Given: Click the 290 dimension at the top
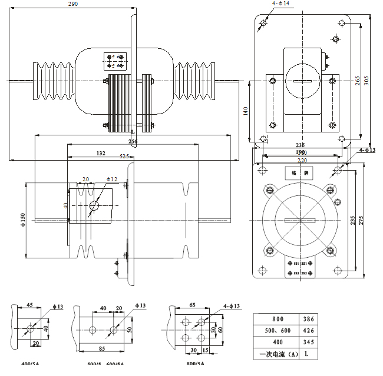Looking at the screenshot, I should (x=73, y=4).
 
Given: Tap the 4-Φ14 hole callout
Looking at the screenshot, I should (x=280, y=4).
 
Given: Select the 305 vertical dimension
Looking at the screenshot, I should (x=366, y=81).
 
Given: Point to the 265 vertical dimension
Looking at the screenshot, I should (x=357, y=81).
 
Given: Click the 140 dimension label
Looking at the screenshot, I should (x=246, y=110).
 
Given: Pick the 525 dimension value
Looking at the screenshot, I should (x=124, y=156).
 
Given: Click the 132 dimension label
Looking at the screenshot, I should (x=100, y=153).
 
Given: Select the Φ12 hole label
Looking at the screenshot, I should (x=112, y=179).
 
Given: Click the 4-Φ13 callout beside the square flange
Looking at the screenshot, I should (x=368, y=150).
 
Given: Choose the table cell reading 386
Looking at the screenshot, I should (x=307, y=318).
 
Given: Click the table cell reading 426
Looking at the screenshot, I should (x=307, y=330).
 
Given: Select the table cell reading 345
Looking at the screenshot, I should (x=307, y=342).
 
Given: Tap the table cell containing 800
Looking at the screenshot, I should (x=275, y=318).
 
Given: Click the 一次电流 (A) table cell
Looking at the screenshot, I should (x=275, y=355).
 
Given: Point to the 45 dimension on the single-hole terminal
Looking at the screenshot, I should (x=29, y=306).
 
